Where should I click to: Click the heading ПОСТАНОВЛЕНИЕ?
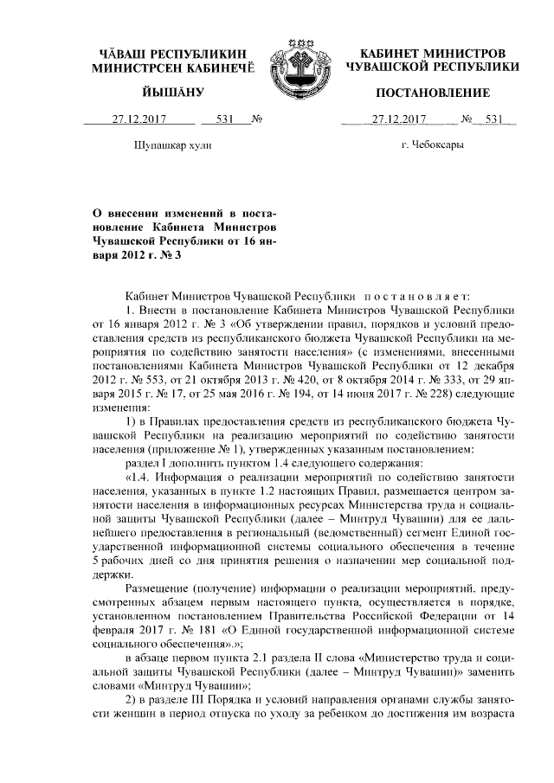tap(432, 93)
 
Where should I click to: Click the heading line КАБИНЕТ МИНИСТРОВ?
tap(432, 53)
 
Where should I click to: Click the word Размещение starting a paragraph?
tap(159, 586)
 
